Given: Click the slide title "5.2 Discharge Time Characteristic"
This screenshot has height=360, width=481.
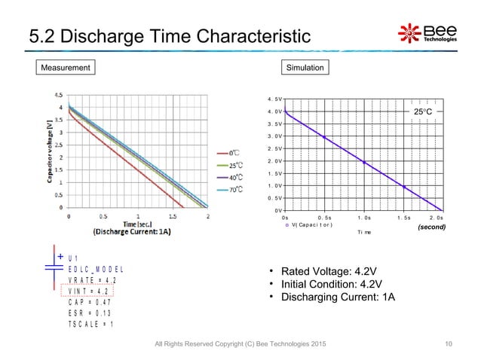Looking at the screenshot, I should [x=169, y=35].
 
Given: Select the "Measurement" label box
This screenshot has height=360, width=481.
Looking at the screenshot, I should [x=66, y=68].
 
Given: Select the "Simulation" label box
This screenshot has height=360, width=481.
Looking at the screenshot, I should [x=305, y=68].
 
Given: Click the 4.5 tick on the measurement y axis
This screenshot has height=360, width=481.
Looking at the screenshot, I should [x=57, y=96].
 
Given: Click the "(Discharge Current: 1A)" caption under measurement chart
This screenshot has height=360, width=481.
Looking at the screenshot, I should [x=132, y=232].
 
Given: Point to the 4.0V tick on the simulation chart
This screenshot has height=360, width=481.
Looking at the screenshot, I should [x=275, y=111].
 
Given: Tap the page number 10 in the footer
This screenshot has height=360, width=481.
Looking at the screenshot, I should [x=449, y=344].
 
